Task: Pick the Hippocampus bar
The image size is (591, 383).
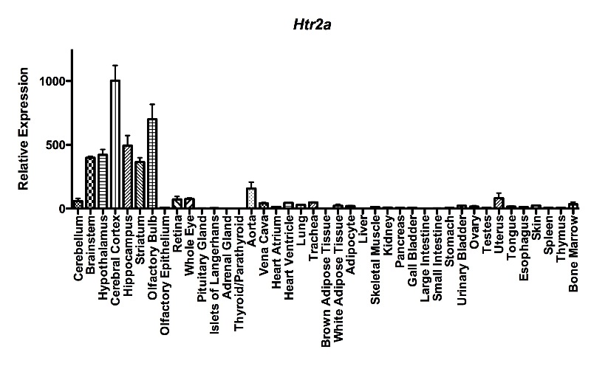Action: [128, 177]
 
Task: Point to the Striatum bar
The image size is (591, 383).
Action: [140, 185]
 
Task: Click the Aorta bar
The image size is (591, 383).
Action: [251, 199]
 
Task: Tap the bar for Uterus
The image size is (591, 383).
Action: [499, 203]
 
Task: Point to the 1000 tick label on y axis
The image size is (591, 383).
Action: [52, 80]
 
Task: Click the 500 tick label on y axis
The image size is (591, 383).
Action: [55, 145]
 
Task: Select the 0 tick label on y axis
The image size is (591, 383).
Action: [62, 209]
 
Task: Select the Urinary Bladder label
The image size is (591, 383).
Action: [462, 255]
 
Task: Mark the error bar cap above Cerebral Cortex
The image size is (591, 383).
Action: [115, 65]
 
